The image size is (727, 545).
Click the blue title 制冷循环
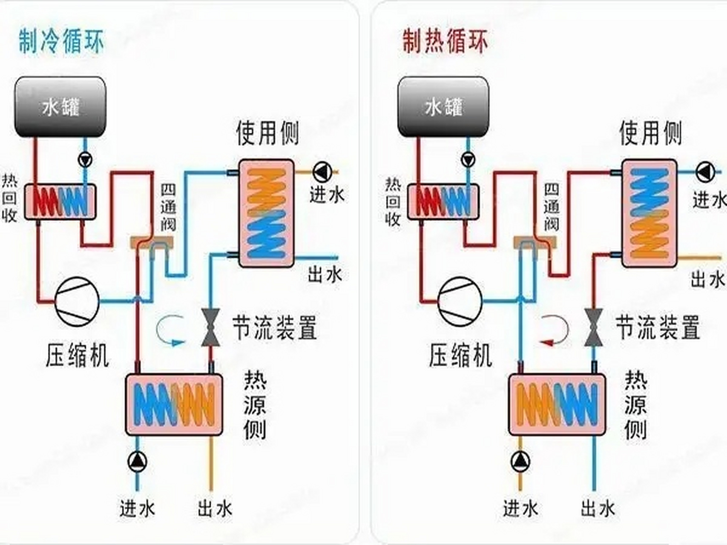click(x=61, y=41)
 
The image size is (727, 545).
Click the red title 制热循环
click(x=445, y=41)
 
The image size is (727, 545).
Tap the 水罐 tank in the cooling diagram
click(x=60, y=107)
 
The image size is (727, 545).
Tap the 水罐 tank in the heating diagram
click(x=443, y=107)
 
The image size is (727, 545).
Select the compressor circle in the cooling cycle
click(x=77, y=301)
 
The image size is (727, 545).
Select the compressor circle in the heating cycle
click(x=460, y=301)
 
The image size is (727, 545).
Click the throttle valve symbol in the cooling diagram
click(x=210, y=327)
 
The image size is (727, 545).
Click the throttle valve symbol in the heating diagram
click(x=593, y=327)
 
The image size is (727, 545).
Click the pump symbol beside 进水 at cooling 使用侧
click(x=322, y=172)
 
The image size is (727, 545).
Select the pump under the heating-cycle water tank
click(x=468, y=160)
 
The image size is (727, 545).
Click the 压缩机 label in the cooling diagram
click(x=77, y=356)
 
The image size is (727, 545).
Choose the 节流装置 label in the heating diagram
click(x=658, y=327)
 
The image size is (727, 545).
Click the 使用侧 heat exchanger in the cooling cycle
click(x=266, y=213)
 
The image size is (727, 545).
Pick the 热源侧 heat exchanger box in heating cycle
click(x=557, y=404)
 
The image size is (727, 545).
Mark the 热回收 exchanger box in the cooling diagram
click(x=60, y=201)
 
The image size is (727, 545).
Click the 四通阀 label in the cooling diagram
click(x=168, y=207)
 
